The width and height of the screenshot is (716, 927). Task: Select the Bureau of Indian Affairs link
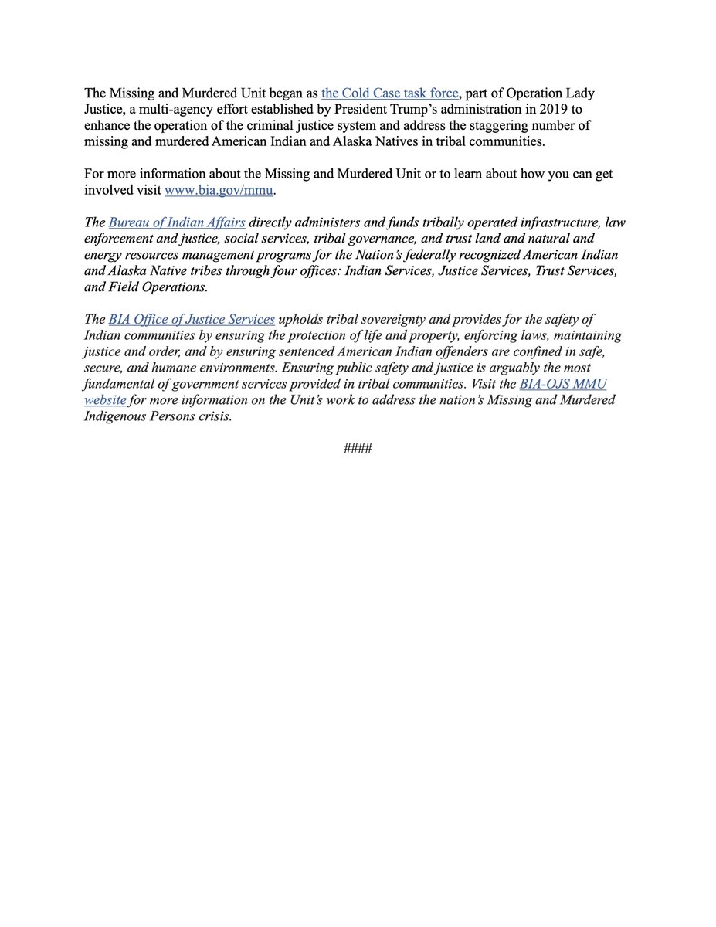(177, 223)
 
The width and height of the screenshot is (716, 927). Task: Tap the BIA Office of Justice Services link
(192, 319)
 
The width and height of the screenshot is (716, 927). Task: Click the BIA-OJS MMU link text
(564, 384)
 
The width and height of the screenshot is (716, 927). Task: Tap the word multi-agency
(170, 110)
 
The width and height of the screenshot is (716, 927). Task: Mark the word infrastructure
(552, 223)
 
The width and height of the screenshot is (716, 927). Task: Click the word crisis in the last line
(214, 416)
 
